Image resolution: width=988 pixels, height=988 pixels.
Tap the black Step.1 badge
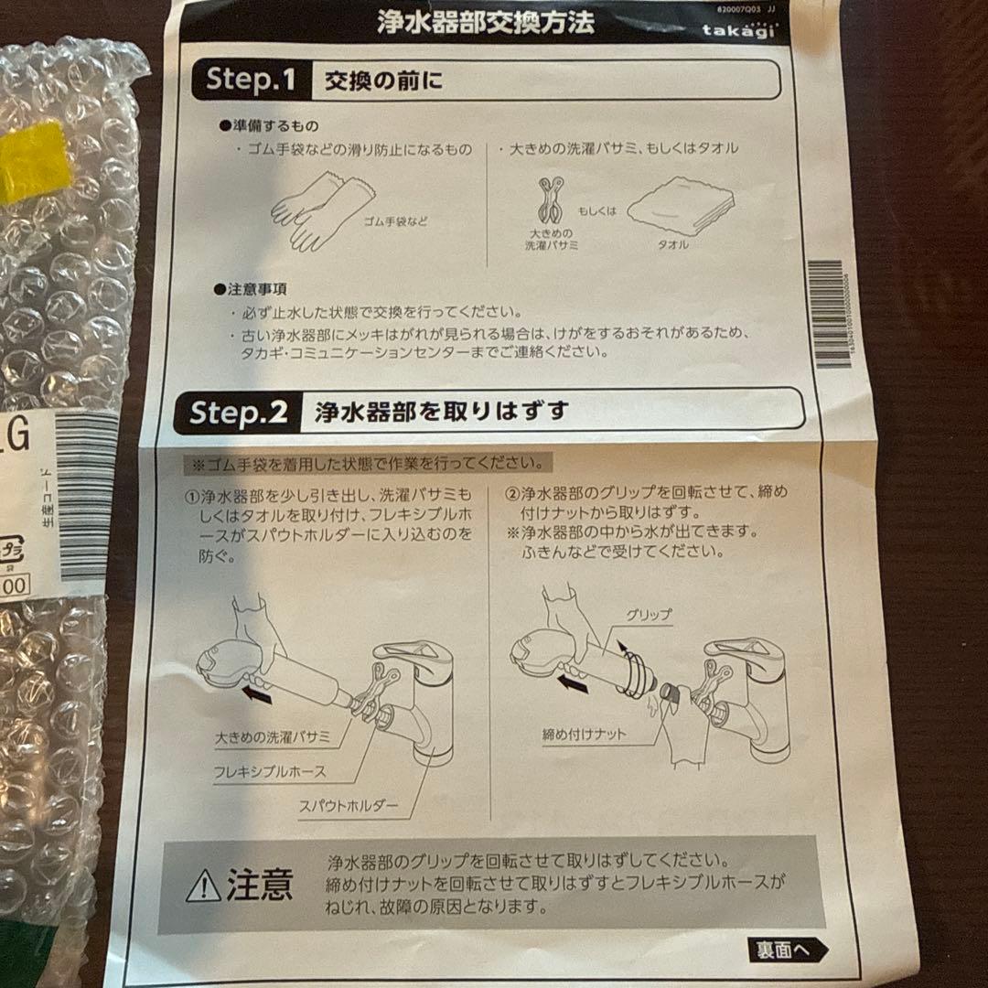(249, 81)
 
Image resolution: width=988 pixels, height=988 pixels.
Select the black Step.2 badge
(238, 413)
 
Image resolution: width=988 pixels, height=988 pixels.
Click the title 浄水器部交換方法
(485, 22)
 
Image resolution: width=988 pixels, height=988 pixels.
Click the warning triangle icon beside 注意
(203, 886)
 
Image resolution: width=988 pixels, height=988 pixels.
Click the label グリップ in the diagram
(648, 615)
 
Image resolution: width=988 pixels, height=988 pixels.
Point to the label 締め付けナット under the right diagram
(584, 734)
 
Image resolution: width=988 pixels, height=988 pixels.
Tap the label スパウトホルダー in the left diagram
(349, 805)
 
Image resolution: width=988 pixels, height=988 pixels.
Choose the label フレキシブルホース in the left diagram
(269, 771)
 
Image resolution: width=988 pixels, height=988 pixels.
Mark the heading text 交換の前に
(383, 81)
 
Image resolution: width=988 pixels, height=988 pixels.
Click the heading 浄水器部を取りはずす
(441, 412)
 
